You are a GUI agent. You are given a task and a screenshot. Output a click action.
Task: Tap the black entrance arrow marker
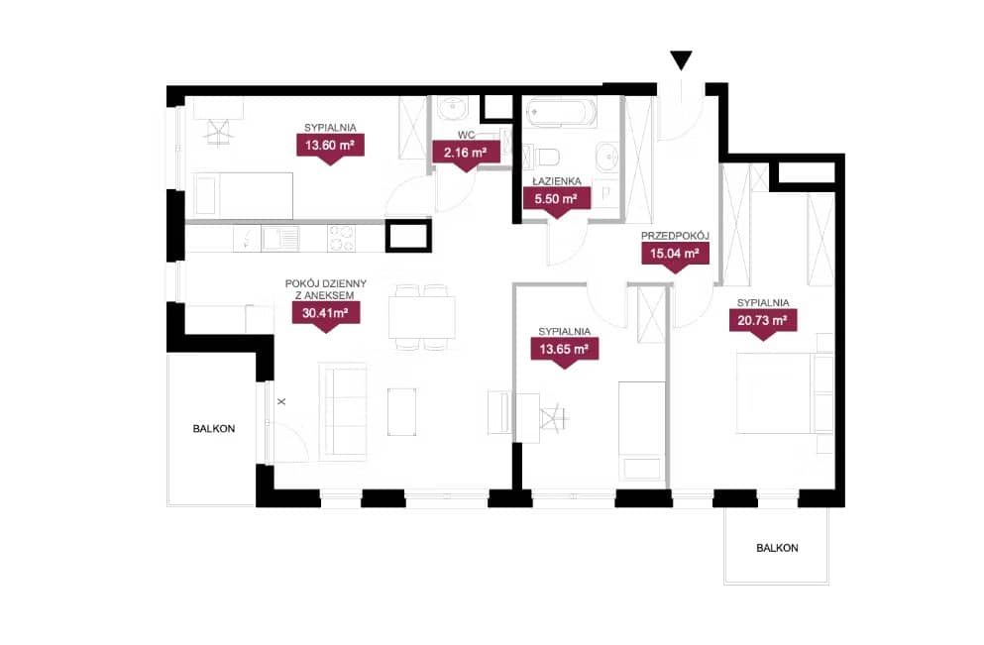tap(681, 60)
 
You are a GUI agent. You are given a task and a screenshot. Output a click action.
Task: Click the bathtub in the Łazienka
tap(562, 113)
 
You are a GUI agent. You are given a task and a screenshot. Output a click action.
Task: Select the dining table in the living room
tap(422, 317)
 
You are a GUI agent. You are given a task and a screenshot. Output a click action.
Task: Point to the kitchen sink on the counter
tap(280, 239)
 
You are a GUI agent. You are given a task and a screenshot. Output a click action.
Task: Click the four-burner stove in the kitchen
tap(342, 239)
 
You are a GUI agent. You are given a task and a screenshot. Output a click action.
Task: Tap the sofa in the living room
tap(343, 411)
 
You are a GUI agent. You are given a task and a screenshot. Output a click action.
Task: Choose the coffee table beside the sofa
tap(401, 411)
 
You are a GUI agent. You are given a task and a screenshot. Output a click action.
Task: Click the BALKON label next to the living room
tap(214, 429)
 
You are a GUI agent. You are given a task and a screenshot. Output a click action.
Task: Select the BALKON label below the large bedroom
tap(777, 548)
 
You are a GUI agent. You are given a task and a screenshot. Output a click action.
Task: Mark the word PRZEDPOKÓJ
tap(675, 236)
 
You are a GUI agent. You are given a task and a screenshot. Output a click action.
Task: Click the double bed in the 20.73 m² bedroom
tap(785, 392)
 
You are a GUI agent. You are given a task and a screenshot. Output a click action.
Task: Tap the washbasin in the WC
tap(453, 109)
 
